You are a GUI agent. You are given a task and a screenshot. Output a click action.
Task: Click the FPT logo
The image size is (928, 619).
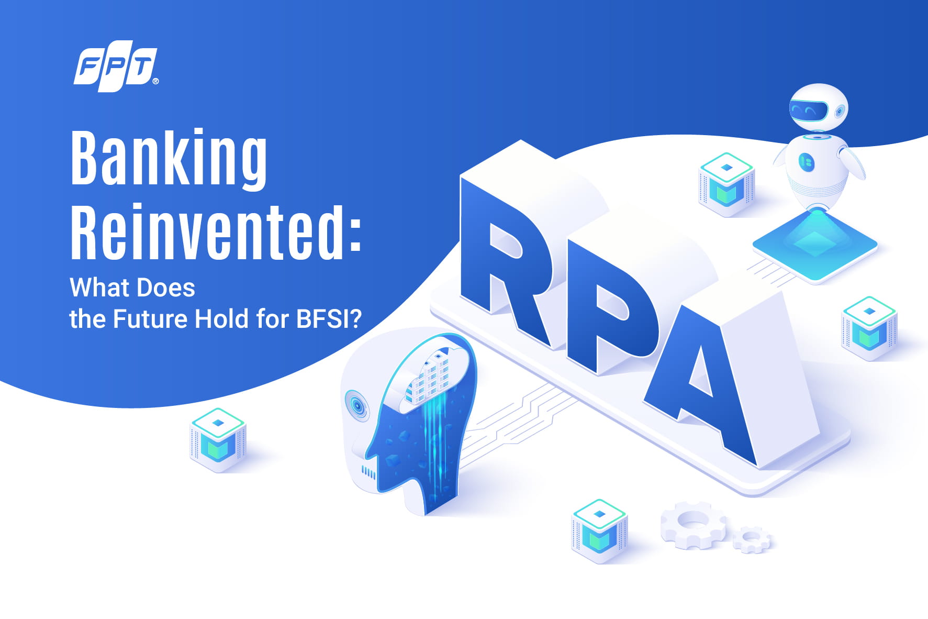click(116, 67)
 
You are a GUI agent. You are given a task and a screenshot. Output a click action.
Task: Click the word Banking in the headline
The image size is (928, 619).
click(169, 159)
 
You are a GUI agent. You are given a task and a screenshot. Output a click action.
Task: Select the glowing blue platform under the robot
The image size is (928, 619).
click(814, 246)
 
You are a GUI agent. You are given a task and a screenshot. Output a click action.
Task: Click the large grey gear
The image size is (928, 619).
click(693, 525)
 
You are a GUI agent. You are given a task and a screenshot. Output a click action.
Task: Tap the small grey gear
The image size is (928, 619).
click(752, 539)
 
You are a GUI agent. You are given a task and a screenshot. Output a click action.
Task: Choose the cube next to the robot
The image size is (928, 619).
click(726, 184)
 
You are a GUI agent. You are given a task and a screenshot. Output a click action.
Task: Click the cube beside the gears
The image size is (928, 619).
click(599, 531)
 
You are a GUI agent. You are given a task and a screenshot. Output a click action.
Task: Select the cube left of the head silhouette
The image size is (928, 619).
click(218, 440)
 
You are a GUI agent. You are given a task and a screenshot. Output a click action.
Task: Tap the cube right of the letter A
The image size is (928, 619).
click(869, 328)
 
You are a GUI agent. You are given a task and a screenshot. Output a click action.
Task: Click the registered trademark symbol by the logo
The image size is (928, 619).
click(155, 81)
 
